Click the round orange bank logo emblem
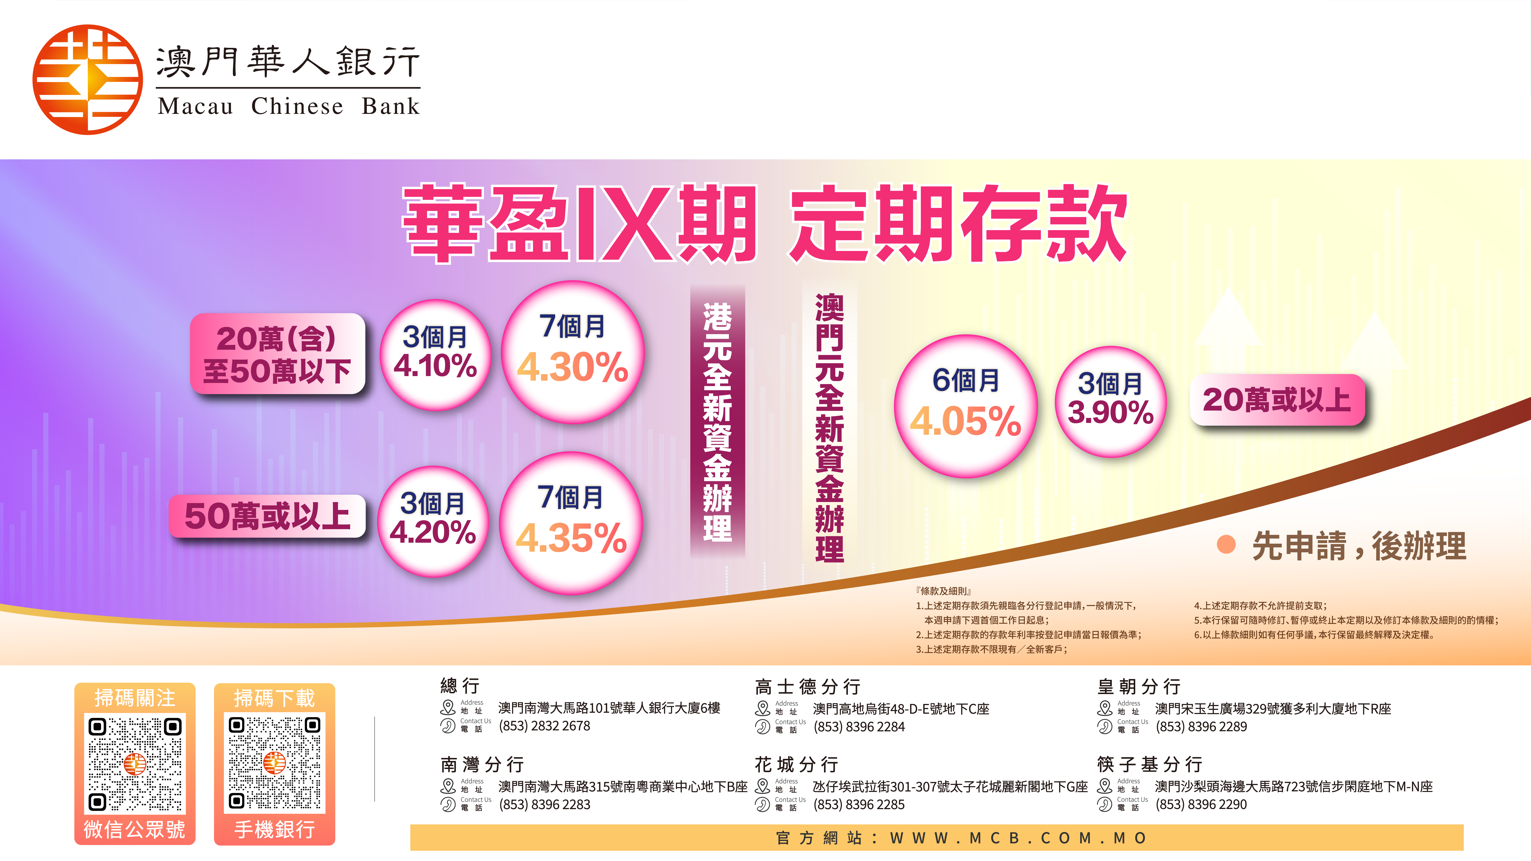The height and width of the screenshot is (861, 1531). (88, 80)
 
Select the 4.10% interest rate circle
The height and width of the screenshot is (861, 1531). (436, 355)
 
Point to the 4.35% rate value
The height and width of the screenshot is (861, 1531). (571, 538)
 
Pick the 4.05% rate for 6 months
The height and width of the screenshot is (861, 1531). (966, 421)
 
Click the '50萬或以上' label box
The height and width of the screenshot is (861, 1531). (268, 516)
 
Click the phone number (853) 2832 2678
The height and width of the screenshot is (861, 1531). (544, 726)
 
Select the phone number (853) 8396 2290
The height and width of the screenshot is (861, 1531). (1201, 805)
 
